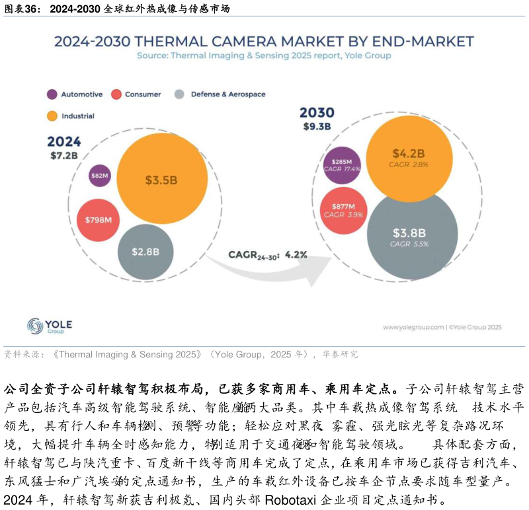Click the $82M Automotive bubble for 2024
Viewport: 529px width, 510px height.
(x=99, y=176)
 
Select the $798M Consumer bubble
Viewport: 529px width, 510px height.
(x=98, y=220)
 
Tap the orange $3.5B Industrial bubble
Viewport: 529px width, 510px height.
(x=162, y=179)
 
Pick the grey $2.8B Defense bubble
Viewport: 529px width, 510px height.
(x=145, y=252)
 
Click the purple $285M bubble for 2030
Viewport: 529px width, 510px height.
(x=342, y=165)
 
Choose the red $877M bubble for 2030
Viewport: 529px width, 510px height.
(x=343, y=211)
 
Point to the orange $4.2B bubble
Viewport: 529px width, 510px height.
(x=409, y=159)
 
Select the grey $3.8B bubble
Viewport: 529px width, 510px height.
(x=412, y=236)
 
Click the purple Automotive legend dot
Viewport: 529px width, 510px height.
(x=52, y=94)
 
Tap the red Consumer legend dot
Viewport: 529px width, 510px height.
(x=116, y=94)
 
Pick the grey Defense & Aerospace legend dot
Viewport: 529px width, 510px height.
(x=179, y=94)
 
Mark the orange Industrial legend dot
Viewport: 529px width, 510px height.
(x=52, y=116)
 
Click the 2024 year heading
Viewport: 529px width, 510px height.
(x=64, y=142)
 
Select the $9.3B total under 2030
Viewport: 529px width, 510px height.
(x=317, y=126)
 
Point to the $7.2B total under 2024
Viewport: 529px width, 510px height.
(x=64, y=156)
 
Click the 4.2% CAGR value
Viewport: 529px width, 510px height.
(x=296, y=254)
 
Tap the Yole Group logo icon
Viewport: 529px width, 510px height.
(x=35, y=326)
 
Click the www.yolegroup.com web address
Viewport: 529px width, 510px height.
(x=413, y=327)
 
